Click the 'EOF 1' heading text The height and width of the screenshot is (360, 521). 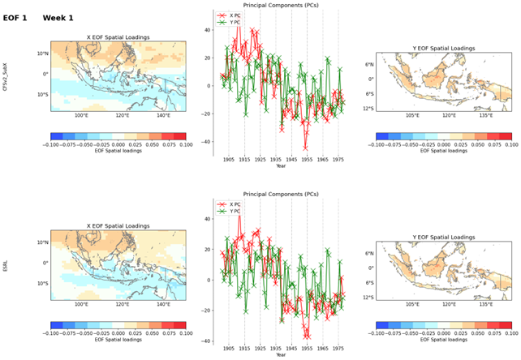pos(15,17)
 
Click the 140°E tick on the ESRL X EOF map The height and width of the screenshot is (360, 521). pos(163,305)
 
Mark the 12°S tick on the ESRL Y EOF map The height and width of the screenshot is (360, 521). pos(368,297)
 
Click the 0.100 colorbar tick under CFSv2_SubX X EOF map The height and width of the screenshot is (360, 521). pos(185,145)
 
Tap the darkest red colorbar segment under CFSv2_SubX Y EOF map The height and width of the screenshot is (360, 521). pos(504,136)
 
